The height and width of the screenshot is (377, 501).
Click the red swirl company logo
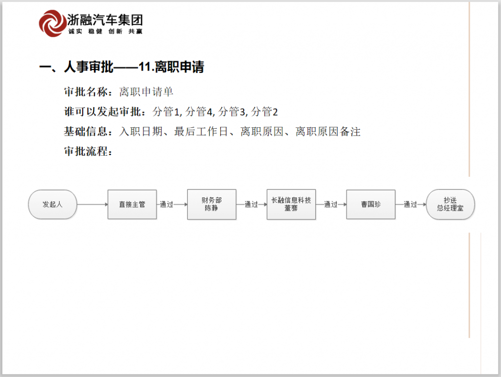pos(51,24)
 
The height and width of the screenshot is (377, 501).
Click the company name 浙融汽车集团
pos(105,20)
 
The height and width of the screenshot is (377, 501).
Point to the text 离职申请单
pos(146,92)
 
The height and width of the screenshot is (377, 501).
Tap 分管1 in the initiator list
pos(166,112)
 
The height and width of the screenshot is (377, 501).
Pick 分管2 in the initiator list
pos(264,112)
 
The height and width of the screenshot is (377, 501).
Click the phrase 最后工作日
pos(201,131)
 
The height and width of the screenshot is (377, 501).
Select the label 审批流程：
pos(89,151)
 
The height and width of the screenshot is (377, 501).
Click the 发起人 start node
pos(52,204)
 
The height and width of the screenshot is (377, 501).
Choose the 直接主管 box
pos(132,204)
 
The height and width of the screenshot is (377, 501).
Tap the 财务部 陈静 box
pos(211,204)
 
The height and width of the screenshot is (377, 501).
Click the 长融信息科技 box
pos(291,204)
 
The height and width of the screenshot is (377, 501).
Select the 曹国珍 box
pos(371,204)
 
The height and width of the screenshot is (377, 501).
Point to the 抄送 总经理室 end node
pos(450,204)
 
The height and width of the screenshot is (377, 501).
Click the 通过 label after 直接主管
pos(166,204)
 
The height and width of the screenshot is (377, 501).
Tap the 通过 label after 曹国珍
pos(410,204)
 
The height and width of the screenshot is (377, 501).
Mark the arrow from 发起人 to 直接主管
pos(92,204)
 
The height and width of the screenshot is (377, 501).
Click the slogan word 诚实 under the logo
pos(75,31)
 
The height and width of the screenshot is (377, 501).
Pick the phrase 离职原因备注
pos(328,131)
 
